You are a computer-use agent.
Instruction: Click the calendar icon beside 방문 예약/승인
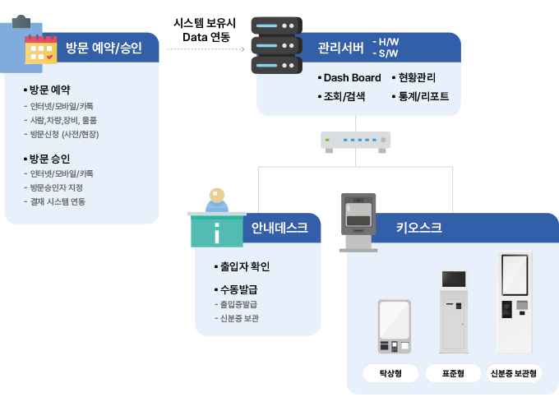40,49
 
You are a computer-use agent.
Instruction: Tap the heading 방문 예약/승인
104,48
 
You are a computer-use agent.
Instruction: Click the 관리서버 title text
340,47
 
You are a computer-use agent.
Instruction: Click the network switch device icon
355,141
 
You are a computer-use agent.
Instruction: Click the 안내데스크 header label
279,228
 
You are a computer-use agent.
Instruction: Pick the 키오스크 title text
418,228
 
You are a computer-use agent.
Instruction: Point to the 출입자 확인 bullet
244,266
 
